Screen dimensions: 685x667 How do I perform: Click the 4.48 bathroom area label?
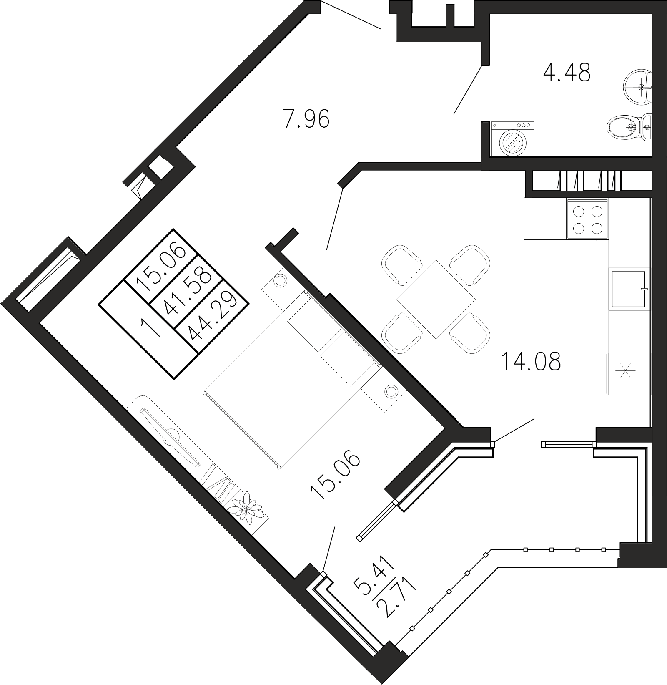pyautogui.click(x=567, y=74)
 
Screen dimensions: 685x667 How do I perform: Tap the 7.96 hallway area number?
pyautogui.click(x=306, y=118)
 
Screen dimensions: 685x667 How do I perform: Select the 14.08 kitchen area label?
pyautogui.click(x=531, y=362)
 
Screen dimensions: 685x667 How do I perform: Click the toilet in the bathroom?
pyautogui.click(x=625, y=126)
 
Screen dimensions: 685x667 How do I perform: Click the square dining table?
pyautogui.click(x=436, y=299)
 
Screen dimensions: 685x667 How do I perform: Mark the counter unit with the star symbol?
pyautogui.click(x=628, y=373)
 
